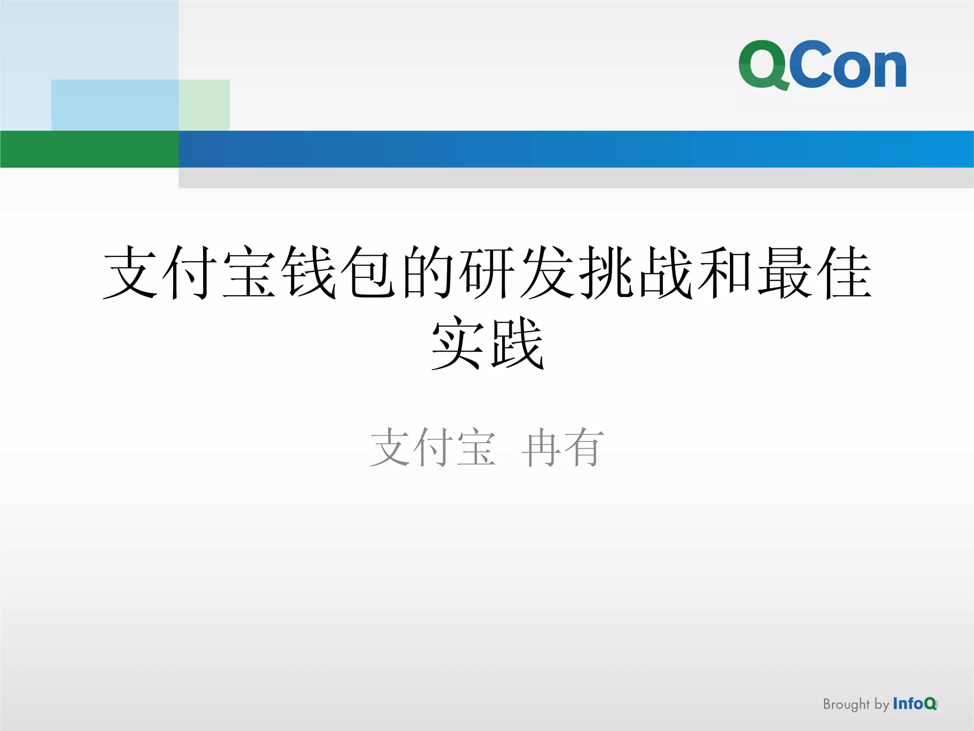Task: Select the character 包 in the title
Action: (x=369, y=273)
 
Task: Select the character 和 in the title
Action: (x=725, y=273)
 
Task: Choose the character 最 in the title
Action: (x=785, y=273)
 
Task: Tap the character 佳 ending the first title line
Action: (x=844, y=273)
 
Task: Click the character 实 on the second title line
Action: (x=458, y=344)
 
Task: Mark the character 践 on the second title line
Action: (x=517, y=344)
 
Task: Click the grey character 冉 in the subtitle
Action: (x=541, y=448)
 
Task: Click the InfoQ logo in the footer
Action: (x=915, y=703)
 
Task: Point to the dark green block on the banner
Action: (x=89, y=149)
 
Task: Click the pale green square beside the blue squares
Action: (x=205, y=105)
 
